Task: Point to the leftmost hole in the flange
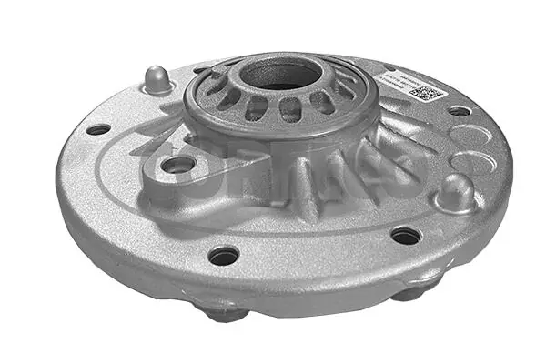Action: (97, 129)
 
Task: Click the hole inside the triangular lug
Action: (180, 165)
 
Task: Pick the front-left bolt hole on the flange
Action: (223, 256)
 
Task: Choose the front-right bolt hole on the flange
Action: (406, 236)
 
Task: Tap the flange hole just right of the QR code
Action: (460, 110)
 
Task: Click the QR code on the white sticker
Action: (425, 93)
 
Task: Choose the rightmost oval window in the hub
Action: (346, 90)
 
